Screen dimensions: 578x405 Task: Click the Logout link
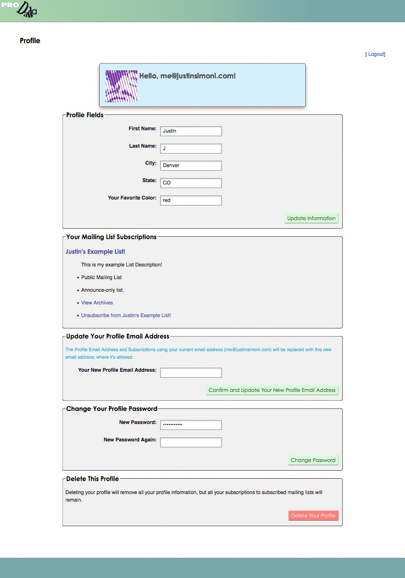[376, 54]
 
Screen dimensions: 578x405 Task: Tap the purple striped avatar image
[121, 86]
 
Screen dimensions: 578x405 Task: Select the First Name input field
[191, 131]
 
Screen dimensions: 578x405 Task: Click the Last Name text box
[191, 148]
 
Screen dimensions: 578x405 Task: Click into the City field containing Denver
[191, 165]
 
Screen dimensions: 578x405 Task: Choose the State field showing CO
[191, 183]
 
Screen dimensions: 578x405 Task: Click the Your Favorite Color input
[191, 200]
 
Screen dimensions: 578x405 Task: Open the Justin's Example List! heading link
[95, 252]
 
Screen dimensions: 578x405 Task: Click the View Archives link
[97, 303]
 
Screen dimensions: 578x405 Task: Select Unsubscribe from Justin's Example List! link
[126, 316]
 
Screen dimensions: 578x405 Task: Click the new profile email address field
[191, 373]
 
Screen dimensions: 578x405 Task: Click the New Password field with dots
[191, 425]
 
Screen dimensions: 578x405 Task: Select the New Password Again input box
[191, 442]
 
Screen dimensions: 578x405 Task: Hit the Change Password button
[313, 460]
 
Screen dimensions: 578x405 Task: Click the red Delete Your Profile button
[313, 515]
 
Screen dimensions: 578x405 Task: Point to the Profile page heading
[30, 41]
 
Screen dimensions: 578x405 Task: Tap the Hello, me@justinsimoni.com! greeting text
[187, 76]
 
